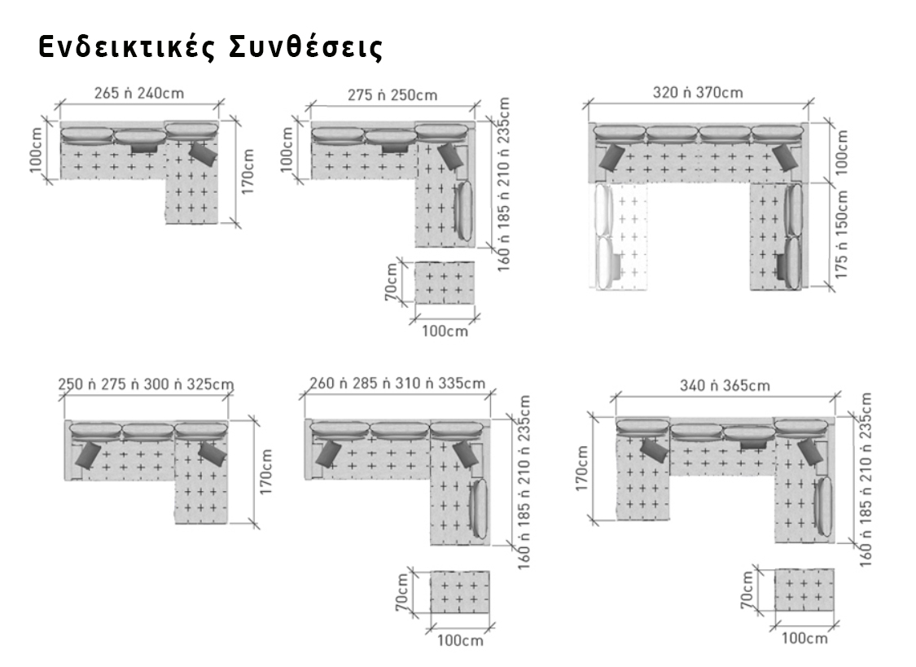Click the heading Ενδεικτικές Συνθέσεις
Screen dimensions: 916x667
(210, 48)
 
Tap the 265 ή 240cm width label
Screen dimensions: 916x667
(139, 93)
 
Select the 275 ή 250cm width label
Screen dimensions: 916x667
(392, 94)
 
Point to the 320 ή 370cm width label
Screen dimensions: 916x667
(698, 92)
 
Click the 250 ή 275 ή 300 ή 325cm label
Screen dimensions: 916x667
(146, 384)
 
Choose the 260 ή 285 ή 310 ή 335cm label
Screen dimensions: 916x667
(397, 383)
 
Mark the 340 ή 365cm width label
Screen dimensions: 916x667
(725, 385)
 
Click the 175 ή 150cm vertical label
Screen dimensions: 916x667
(841, 235)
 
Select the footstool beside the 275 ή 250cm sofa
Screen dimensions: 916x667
(445, 283)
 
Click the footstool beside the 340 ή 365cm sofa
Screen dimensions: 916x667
(804, 590)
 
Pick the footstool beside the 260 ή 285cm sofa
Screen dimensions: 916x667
(460, 592)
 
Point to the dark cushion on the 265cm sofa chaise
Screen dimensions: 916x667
(204, 154)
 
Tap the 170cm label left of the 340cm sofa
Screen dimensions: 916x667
(582, 468)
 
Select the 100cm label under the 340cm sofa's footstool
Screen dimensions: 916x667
(804, 638)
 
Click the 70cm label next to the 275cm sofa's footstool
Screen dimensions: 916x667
(392, 282)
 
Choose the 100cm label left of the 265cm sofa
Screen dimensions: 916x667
(36, 151)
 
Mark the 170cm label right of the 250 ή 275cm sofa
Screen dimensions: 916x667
(265, 472)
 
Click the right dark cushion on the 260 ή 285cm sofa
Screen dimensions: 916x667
(466, 454)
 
